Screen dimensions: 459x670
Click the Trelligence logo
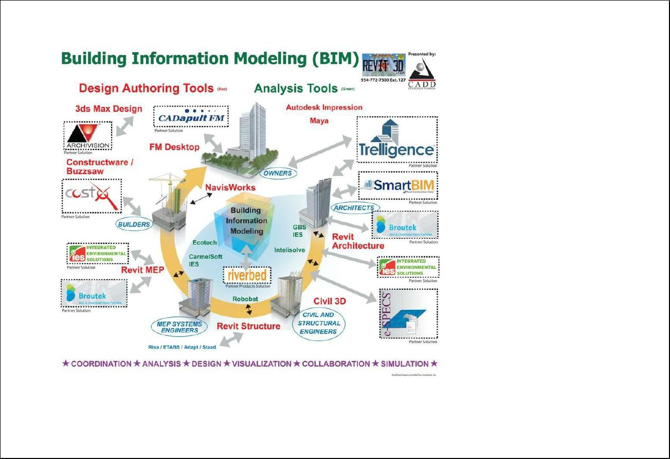(x=396, y=139)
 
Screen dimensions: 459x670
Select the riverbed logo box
(x=247, y=276)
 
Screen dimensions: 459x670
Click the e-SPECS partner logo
(x=408, y=313)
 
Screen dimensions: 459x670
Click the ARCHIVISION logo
(x=87, y=136)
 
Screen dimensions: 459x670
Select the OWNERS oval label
(x=278, y=173)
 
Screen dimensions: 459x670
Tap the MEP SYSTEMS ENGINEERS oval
(x=177, y=326)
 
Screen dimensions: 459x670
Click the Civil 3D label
(x=330, y=301)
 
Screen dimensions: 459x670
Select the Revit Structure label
(x=248, y=326)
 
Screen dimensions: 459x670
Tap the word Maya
(x=319, y=121)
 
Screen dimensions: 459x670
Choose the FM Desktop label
(x=174, y=147)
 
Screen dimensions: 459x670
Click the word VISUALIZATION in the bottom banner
(x=262, y=364)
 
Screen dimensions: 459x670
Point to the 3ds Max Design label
(x=108, y=109)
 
